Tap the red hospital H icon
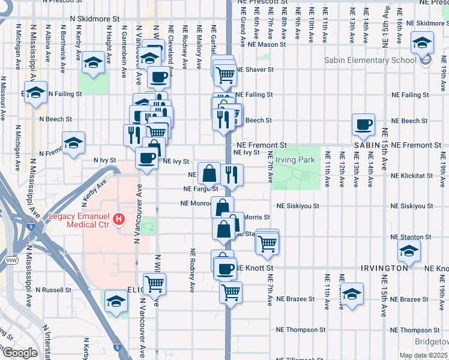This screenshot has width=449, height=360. (x=119, y=220)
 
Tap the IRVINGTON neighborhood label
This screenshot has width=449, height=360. (x=385, y=267)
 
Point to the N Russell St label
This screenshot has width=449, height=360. (x=53, y=290)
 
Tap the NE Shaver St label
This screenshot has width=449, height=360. (x=255, y=70)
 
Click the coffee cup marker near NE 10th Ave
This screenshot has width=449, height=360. (x=363, y=124)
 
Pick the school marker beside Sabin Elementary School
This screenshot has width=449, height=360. (x=422, y=43)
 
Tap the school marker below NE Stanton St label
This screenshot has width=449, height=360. (x=409, y=251)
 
